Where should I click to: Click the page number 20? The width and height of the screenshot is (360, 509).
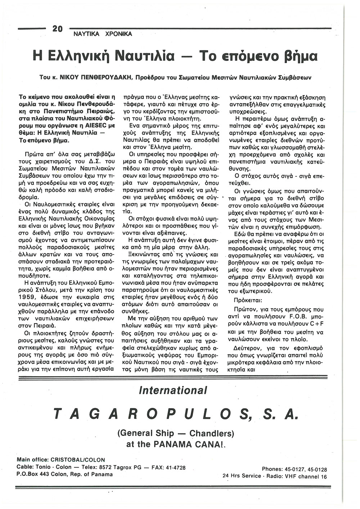[58, 29]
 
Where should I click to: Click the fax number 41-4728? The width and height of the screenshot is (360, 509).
[175, 468]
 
